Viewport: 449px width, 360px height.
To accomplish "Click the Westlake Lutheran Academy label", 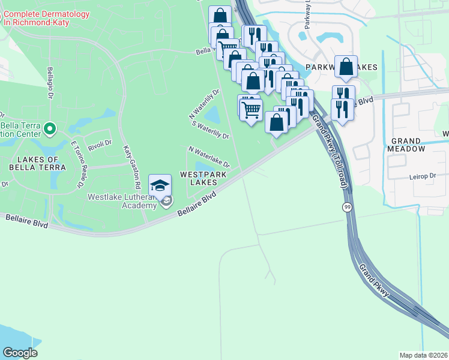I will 122,201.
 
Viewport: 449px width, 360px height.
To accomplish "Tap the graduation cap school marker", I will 160,185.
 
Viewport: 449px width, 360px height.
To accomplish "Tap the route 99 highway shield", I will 347,207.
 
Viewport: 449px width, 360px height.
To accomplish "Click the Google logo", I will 20,353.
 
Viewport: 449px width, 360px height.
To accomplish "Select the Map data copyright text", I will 424,355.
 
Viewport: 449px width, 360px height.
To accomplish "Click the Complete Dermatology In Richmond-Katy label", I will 46,18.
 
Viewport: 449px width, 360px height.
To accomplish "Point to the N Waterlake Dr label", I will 209,156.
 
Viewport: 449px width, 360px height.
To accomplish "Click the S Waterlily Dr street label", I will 210,130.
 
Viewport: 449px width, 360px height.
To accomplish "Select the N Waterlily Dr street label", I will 205,104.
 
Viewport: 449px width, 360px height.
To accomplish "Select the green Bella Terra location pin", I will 50,128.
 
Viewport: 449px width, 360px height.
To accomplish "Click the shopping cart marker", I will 251,109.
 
